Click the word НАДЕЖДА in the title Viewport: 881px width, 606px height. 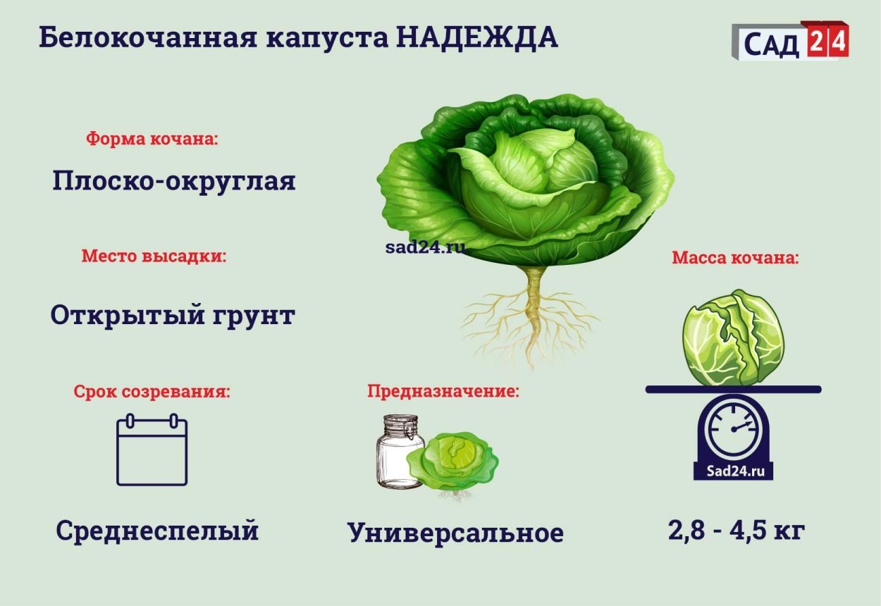[x=476, y=38]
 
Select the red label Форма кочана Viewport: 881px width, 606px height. [x=152, y=138]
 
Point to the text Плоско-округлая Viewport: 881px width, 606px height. [x=174, y=181]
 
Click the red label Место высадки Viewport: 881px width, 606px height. [x=154, y=256]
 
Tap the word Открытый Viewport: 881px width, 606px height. [x=128, y=316]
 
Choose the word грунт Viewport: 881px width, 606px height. [x=254, y=316]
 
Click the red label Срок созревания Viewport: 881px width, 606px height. [x=152, y=392]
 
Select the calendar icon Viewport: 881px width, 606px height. [x=152, y=450]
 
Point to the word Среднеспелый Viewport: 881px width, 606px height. [x=157, y=531]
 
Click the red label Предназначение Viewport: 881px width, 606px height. [x=443, y=391]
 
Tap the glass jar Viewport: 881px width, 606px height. [x=400, y=452]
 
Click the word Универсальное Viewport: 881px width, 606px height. [x=455, y=532]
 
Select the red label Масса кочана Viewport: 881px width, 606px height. [x=736, y=258]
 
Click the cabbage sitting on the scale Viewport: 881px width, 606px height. [x=734, y=338]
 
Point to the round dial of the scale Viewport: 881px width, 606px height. [x=734, y=429]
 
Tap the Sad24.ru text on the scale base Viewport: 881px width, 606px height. [x=734, y=471]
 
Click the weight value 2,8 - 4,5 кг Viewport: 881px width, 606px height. [x=737, y=530]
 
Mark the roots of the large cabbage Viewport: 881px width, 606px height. [x=531, y=319]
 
